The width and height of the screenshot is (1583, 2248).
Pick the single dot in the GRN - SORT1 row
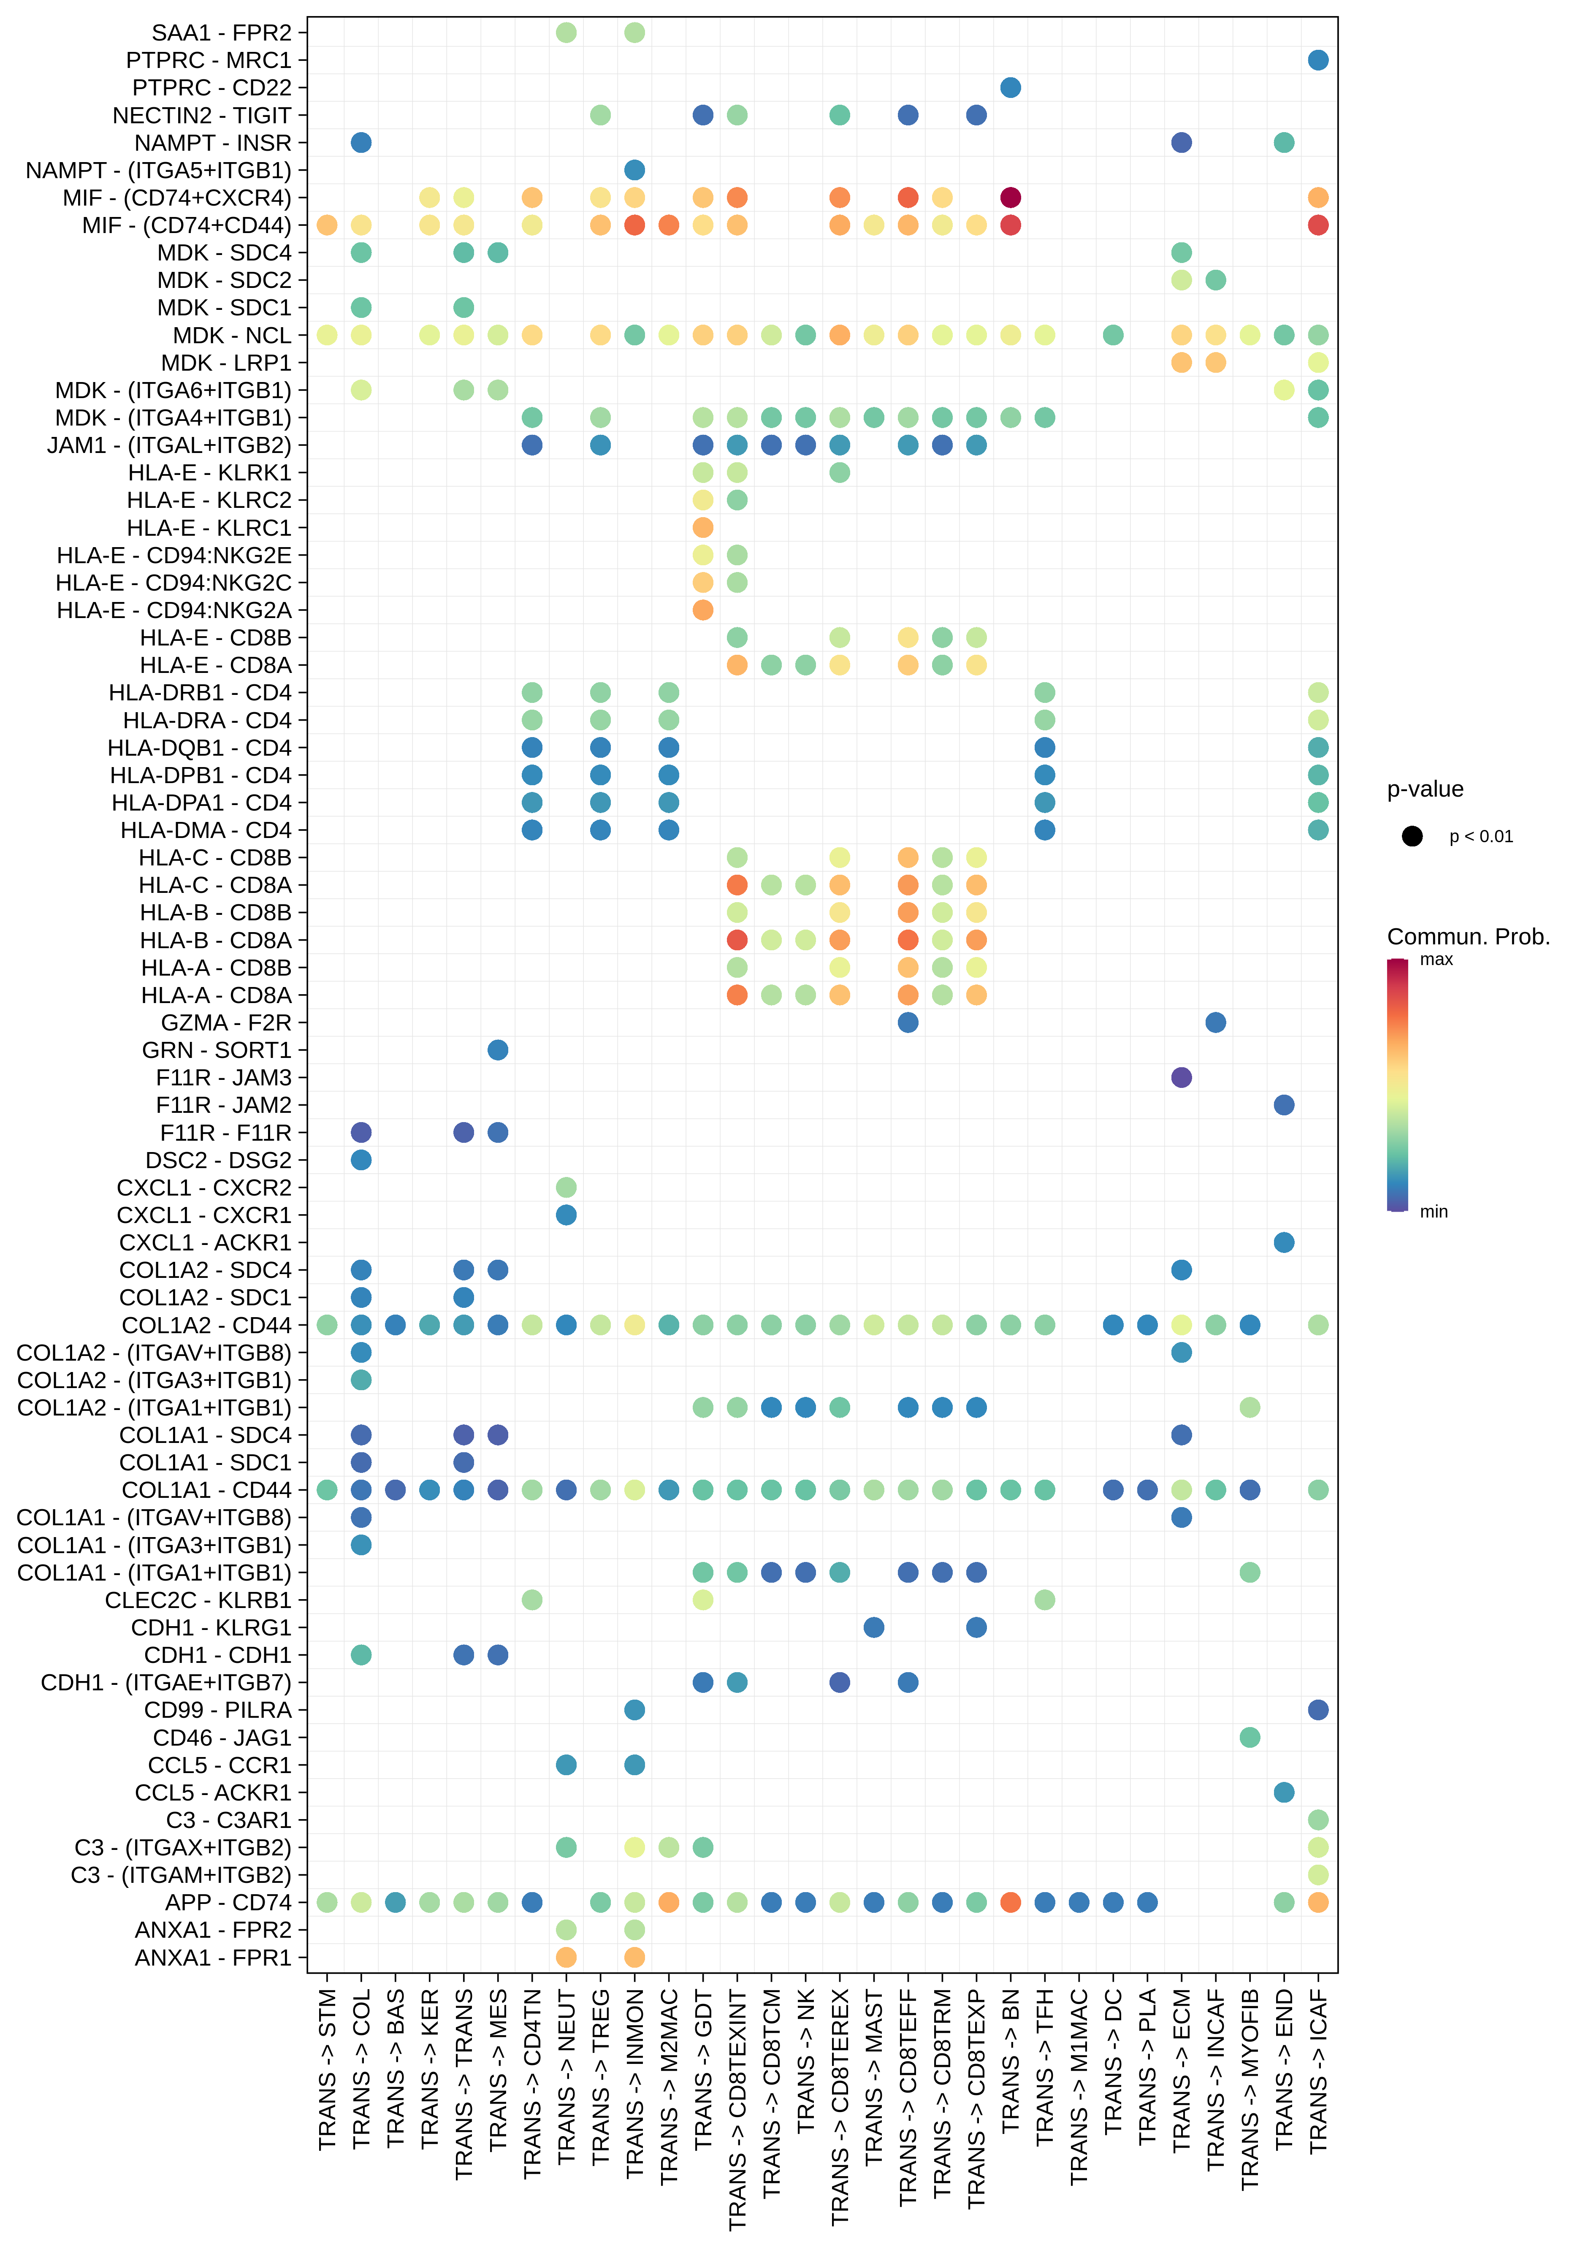click(497, 1049)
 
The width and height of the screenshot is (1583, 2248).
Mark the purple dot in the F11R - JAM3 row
click(1182, 1077)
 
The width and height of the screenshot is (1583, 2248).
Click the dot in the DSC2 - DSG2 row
click(361, 1159)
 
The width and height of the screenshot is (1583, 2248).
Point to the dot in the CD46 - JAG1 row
click(1249, 1737)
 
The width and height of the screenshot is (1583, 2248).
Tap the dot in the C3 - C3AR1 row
click(1318, 1819)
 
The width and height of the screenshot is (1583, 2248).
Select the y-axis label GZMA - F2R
click(226, 1022)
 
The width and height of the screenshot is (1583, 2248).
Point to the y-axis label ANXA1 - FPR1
click(212, 1957)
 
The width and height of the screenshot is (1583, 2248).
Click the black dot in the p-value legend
click(1412, 836)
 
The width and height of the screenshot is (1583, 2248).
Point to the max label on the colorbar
click(1436, 960)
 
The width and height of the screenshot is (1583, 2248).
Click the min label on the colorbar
click(1433, 1211)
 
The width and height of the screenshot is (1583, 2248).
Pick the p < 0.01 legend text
click(1480, 836)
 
